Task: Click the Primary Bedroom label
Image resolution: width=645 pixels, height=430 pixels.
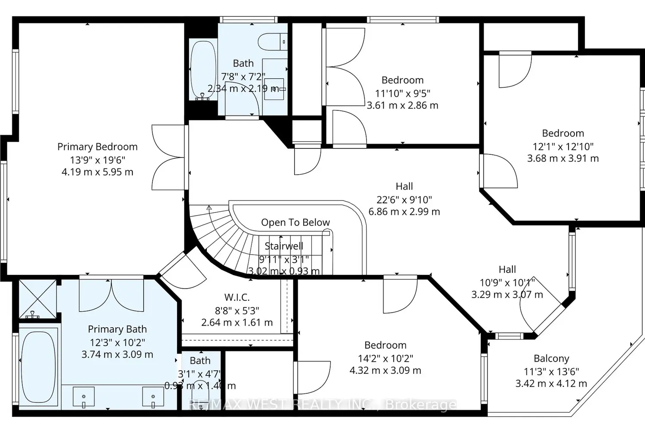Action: coord(98,147)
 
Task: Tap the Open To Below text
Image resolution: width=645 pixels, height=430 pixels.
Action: coord(295,222)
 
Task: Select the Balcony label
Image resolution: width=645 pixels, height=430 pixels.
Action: coord(551,358)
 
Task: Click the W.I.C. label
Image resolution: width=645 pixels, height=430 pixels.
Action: coord(237,297)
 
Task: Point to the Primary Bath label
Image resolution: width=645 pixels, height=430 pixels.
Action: coord(117,329)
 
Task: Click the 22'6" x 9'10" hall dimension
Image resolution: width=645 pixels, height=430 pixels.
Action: coord(404,200)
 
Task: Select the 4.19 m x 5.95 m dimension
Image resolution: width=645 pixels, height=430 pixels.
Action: coord(98,172)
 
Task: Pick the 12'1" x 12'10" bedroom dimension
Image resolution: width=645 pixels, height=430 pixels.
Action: coord(563,146)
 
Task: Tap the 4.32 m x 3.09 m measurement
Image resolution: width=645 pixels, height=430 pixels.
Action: coord(385,370)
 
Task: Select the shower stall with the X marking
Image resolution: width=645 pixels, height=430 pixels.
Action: coord(38,298)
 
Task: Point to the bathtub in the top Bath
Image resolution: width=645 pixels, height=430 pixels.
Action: coord(203,70)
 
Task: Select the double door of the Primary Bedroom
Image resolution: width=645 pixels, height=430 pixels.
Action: coord(169,157)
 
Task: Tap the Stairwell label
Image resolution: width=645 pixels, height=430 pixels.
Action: coord(284,246)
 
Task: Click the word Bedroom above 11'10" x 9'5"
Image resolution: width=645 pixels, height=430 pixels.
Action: coord(402,80)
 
